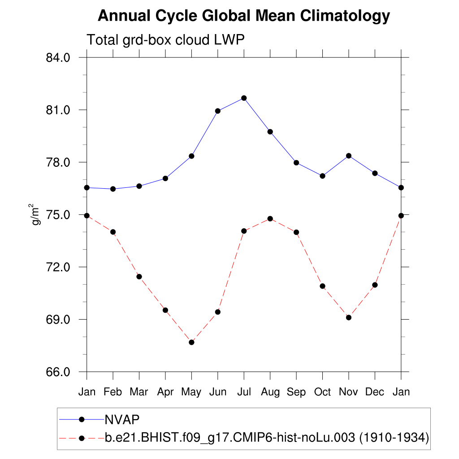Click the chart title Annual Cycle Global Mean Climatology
(244, 17)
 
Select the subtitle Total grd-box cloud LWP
(165, 40)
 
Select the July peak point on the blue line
(244, 98)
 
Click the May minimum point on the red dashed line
(191, 342)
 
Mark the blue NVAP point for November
(349, 156)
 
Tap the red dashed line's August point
(270, 219)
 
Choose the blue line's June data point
(218, 111)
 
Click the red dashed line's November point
(349, 318)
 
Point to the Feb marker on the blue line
(113, 189)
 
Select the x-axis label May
(191, 392)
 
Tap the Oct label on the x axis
(322, 392)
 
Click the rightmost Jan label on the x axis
(401, 392)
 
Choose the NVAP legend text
(122, 420)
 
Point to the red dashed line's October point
(322, 286)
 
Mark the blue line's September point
(296, 163)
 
